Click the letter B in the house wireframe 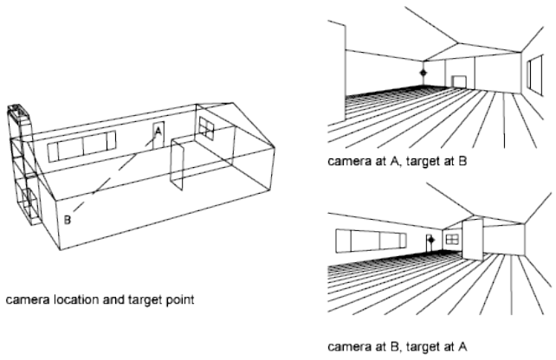coord(68,220)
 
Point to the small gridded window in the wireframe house coord(208,127)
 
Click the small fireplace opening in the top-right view coord(458,82)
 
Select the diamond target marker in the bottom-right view coord(430,236)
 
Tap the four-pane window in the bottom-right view coord(450,237)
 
